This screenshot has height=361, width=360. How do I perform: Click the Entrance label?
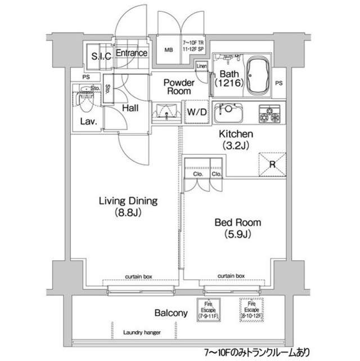pyautogui.click(x=132, y=54)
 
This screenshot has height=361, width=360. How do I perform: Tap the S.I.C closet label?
pyautogui.click(x=101, y=55)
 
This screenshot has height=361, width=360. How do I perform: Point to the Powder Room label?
pyautogui.click(x=178, y=87)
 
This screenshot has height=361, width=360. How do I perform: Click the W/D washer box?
pyautogui.click(x=196, y=112)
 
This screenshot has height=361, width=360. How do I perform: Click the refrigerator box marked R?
pyautogui.click(x=271, y=163)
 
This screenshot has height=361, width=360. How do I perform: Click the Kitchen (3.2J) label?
pyautogui.click(x=236, y=140)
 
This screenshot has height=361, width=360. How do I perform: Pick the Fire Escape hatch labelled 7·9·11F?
pyautogui.click(x=208, y=310)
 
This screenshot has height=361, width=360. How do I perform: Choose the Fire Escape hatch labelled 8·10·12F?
pyautogui.click(x=251, y=310)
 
